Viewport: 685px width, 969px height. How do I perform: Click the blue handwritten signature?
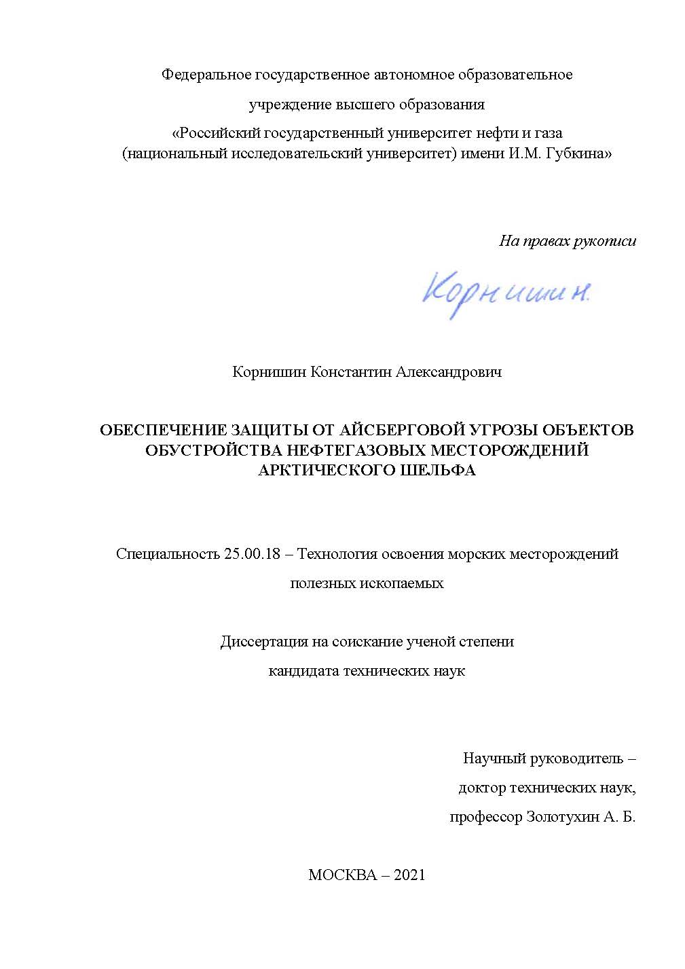tap(506, 291)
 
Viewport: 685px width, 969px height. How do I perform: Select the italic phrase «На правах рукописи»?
tap(568, 240)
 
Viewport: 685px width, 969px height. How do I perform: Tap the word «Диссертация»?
tap(262, 641)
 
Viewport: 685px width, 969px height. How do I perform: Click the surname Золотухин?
tap(562, 817)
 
